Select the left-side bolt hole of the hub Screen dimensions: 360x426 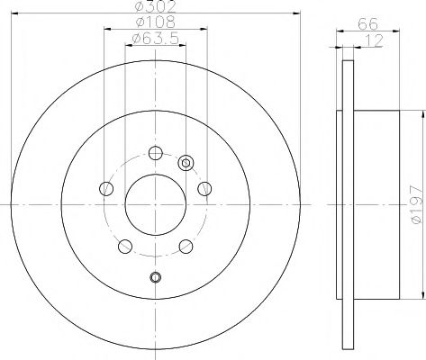pyautogui.click(x=106, y=188)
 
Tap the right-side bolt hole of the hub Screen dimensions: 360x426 pyautogui.click(x=205, y=188)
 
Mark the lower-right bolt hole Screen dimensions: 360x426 pyautogui.click(x=186, y=246)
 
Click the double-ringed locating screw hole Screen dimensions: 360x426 pyautogui.click(x=186, y=163)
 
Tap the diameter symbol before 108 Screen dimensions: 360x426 pyautogui.click(x=138, y=22)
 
